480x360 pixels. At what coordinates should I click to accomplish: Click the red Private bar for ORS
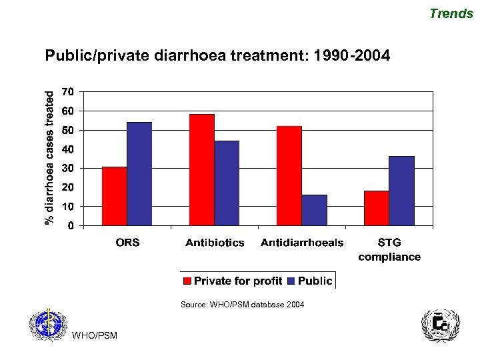coord(114,196)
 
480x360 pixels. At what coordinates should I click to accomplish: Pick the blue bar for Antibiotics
coord(227,183)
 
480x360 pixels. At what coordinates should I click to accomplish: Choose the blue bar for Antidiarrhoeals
coord(314,210)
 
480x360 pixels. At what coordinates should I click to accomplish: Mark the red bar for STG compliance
coord(377,208)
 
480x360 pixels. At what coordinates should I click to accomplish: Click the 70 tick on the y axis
coord(67,91)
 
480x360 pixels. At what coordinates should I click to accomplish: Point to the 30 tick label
coord(67,168)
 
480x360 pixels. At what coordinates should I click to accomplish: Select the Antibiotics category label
coord(215,243)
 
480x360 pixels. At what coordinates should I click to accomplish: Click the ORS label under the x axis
coord(127,243)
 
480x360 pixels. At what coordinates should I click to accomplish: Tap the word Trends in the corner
coord(451,13)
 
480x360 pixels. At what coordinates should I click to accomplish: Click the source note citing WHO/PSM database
coord(242,305)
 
